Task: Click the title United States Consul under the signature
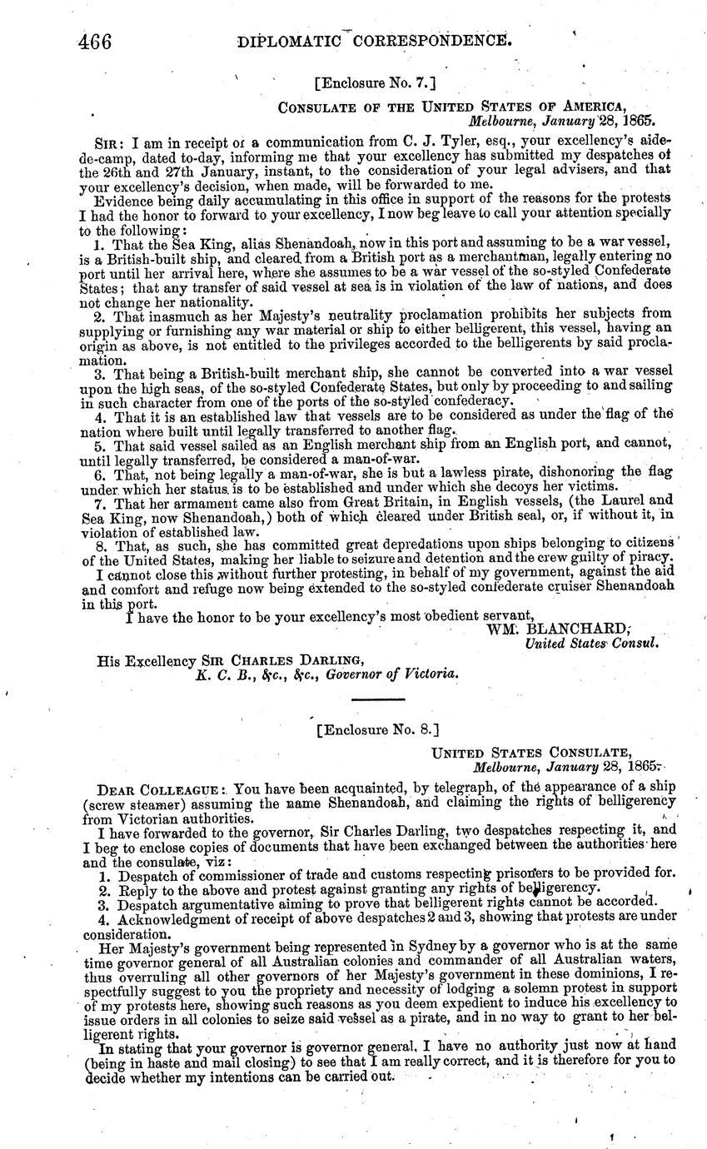(x=592, y=643)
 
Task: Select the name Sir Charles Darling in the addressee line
(x=223, y=661)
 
